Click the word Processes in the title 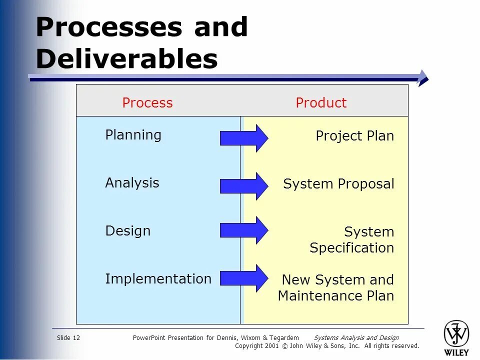[x=108, y=27]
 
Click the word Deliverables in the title [x=126, y=59]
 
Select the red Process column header [x=147, y=103]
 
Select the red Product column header [x=320, y=103]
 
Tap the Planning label [x=133, y=135]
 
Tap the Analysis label [x=132, y=183]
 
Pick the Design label [x=127, y=231]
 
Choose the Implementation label [x=158, y=279]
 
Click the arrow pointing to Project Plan [x=243, y=138]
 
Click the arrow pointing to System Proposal [x=243, y=186]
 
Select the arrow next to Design [x=243, y=230]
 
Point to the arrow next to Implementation [x=243, y=278]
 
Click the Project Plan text [x=354, y=136]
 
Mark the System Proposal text [x=338, y=184]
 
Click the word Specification [x=351, y=248]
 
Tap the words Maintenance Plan [x=335, y=296]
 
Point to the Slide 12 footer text [x=68, y=338]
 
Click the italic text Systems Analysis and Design [x=356, y=338]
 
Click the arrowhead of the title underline [x=423, y=78]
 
